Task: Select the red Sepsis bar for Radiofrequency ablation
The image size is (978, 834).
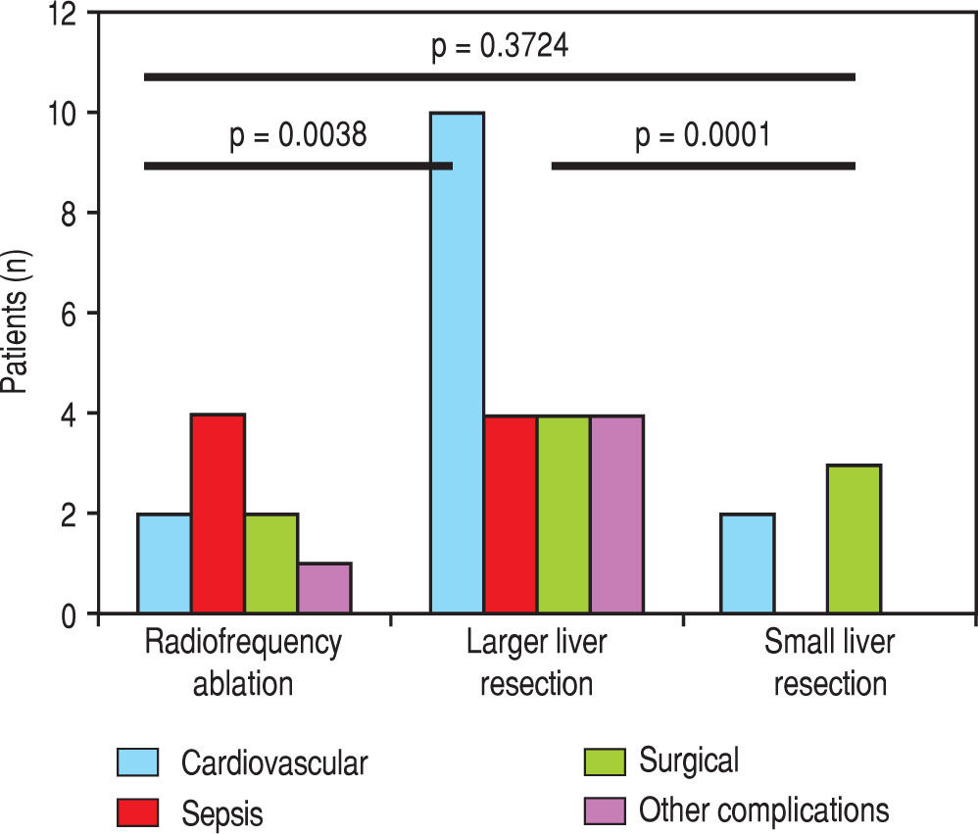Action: point(218,514)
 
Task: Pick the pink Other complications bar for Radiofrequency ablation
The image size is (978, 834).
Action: point(324,588)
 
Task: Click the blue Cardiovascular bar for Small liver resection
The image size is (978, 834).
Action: point(748,564)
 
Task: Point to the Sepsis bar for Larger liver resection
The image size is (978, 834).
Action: point(511,514)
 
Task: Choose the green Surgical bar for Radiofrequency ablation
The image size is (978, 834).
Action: point(271,564)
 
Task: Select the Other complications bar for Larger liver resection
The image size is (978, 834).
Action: point(616,514)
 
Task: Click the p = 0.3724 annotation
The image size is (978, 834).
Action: point(500,47)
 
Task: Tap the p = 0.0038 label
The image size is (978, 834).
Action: point(298,135)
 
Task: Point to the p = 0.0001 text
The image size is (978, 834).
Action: point(703,135)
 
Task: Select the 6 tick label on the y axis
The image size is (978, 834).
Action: point(72,314)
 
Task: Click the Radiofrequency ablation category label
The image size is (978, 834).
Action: point(244,662)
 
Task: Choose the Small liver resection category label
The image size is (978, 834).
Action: point(830,662)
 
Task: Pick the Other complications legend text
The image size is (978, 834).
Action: point(764,809)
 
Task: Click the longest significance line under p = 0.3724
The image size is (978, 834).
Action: point(500,76)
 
